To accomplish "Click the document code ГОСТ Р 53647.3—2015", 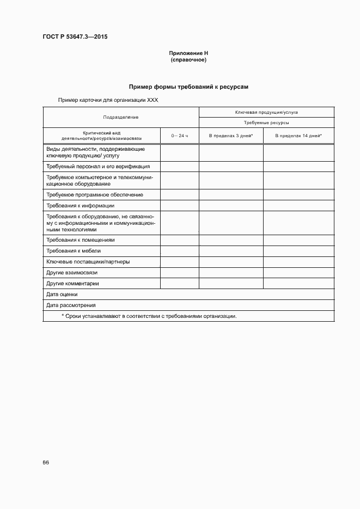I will (x=75, y=37).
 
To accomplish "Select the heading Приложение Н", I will (x=188, y=53).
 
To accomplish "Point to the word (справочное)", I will (x=188, y=60).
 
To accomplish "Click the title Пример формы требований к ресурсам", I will (x=188, y=87).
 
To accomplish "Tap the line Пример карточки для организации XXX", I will (x=108, y=100).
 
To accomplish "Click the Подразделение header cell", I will (x=121, y=117).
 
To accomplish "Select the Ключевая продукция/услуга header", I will (x=266, y=112).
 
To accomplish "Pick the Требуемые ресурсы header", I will (x=266, y=123).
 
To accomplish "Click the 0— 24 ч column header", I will (x=179, y=135).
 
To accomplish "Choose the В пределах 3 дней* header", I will (x=231, y=135).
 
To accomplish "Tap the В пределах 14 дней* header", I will (x=298, y=135).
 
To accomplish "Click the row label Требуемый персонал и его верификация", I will (x=98, y=167).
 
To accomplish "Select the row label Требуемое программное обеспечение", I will (x=95, y=194).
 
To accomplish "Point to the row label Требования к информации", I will (x=80, y=206).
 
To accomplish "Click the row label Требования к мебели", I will (x=74, y=251).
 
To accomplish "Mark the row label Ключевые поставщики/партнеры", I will (x=88, y=262).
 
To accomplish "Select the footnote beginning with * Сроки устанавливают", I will (x=149, y=316).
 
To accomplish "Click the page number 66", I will (x=46, y=462).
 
